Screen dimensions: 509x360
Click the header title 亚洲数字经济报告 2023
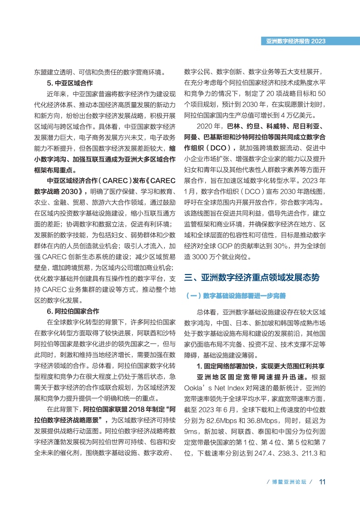296,41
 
